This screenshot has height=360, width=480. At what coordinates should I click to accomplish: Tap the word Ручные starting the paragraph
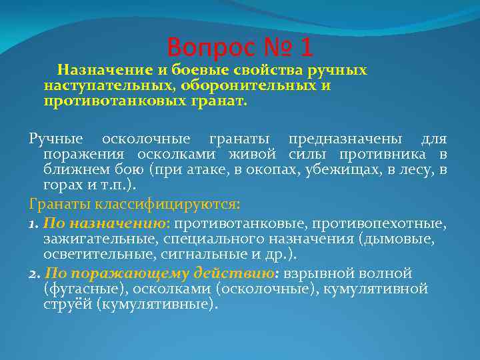pos(56,139)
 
